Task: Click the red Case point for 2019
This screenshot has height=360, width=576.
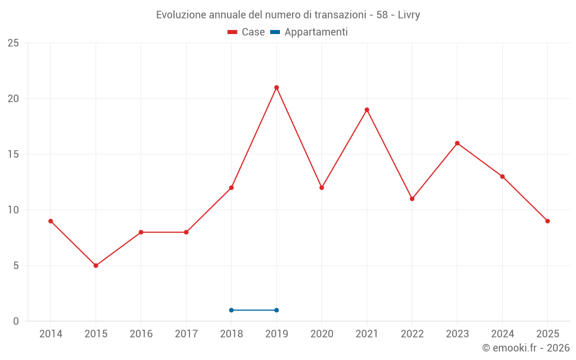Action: click(x=276, y=88)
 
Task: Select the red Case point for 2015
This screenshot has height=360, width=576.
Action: click(x=96, y=266)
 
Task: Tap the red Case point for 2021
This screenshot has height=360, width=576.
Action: click(x=367, y=110)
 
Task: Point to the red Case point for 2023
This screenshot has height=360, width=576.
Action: click(x=457, y=143)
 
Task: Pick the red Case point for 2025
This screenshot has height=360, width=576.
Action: click(x=548, y=221)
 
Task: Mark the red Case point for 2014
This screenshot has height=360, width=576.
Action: click(x=51, y=221)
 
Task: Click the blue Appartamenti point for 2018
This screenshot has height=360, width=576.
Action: click(x=232, y=310)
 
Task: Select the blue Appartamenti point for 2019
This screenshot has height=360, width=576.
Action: click(x=276, y=310)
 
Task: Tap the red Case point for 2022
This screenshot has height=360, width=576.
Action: click(x=412, y=199)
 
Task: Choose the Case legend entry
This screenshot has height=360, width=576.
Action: click(x=246, y=32)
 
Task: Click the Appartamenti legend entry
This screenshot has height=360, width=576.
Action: click(x=309, y=32)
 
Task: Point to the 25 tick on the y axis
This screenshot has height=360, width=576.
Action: click(x=13, y=43)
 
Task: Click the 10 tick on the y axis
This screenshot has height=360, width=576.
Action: click(x=13, y=210)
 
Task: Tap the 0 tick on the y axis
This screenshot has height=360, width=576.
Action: click(x=16, y=321)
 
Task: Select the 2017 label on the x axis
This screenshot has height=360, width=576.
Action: click(x=186, y=334)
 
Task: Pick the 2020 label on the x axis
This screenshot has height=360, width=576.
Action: click(x=322, y=334)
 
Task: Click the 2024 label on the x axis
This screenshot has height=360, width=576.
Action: click(x=502, y=334)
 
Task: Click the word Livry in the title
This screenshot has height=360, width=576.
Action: click(x=409, y=15)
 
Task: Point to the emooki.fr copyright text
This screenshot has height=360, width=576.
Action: click(x=526, y=348)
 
